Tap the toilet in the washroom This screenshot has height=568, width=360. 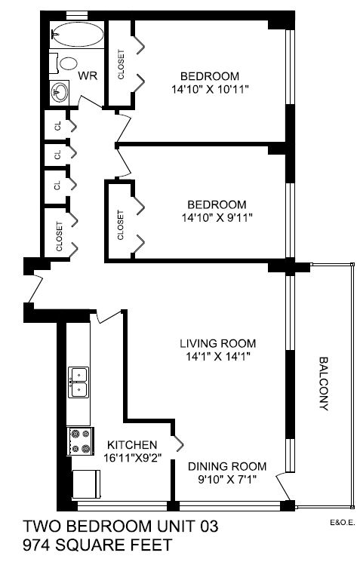pos(68,64)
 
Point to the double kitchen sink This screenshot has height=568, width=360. pos(78,382)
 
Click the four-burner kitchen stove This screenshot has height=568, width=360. pos(78,440)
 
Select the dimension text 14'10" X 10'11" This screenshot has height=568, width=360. pos(210,89)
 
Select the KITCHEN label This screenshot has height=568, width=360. pos(131,444)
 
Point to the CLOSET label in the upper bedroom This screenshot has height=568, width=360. pos(121,64)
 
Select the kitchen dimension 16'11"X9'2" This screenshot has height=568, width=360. pos(131,458)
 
